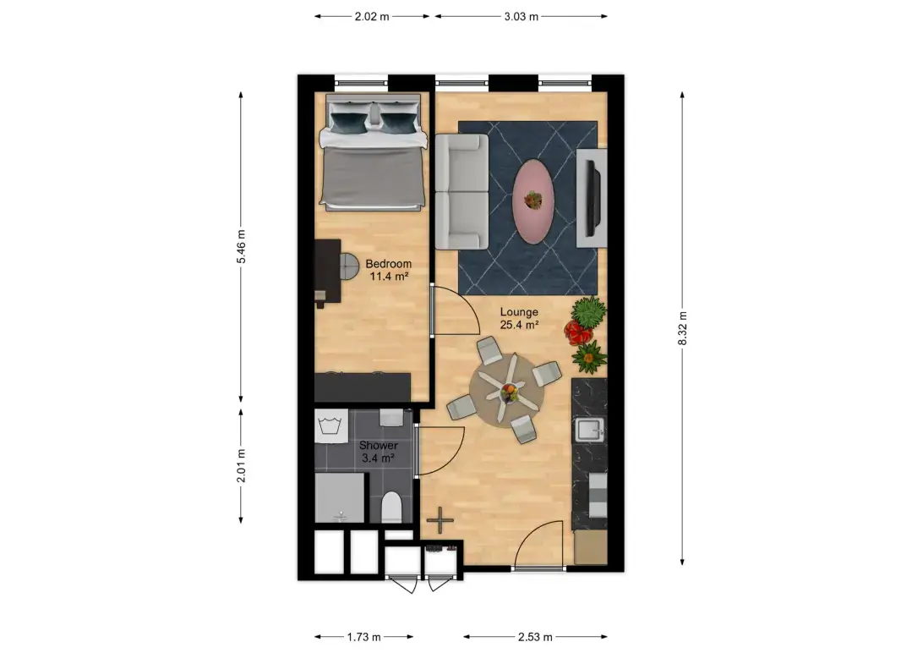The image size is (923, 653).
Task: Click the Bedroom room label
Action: coord(389,264)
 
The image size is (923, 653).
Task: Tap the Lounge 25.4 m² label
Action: coord(519,318)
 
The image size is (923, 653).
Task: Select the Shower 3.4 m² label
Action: coord(379,452)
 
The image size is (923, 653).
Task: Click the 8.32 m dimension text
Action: coord(682,328)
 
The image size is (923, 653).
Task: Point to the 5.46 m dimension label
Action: coord(241,246)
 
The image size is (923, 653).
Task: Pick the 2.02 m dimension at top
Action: coord(372,16)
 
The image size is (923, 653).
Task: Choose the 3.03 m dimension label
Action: coord(521,16)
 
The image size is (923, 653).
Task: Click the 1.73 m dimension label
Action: coord(363,637)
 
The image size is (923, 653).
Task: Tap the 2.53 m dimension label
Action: coord(535,637)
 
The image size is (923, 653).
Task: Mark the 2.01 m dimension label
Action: coord(241,466)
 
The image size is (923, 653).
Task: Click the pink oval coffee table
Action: coord(532,200)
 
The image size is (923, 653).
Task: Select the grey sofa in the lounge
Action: coord(461,191)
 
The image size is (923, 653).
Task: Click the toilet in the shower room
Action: coord(390,508)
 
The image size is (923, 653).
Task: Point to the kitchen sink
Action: coord(589,430)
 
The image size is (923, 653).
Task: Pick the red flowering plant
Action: coord(576,332)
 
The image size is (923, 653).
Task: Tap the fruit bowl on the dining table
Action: coord(509,392)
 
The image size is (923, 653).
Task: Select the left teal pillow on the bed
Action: coord(348,122)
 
